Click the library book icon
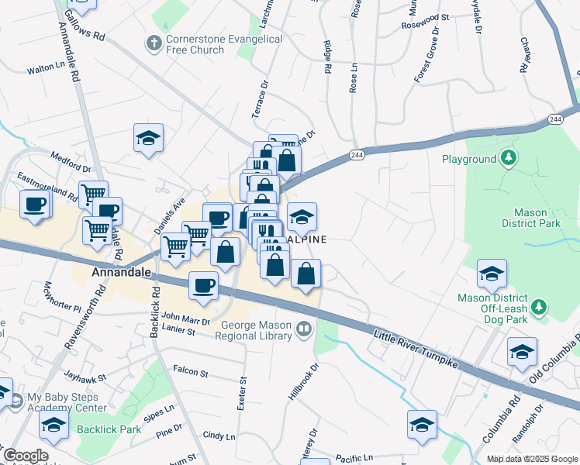pos(303,332)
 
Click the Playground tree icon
pos(508,160)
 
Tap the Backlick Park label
pos(109,429)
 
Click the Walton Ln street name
pos(45,69)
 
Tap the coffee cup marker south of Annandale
pos(203,285)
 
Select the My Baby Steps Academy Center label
pos(67,402)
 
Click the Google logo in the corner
pos(25,456)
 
